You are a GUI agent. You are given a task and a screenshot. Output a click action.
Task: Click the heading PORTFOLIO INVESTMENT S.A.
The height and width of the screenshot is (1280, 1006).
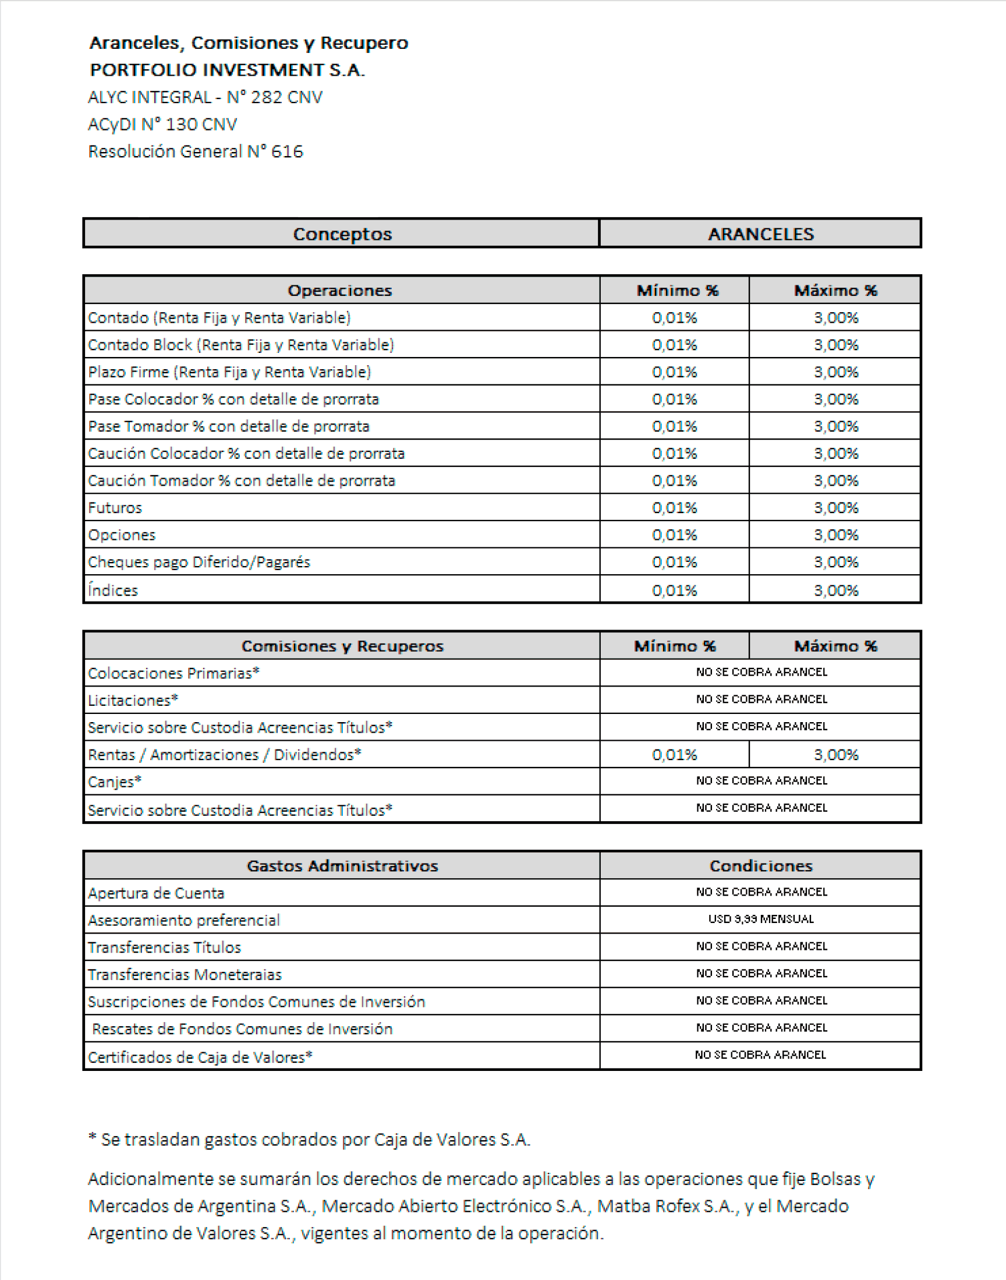(228, 70)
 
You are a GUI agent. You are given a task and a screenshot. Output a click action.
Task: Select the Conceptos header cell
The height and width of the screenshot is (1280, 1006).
(342, 234)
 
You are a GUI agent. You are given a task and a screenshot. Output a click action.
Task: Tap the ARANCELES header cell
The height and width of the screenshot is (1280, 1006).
(760, 234)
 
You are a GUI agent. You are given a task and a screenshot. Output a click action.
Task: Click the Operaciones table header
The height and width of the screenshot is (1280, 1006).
(340, 291)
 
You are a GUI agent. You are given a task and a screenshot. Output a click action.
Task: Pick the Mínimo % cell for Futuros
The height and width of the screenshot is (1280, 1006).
(674, 508)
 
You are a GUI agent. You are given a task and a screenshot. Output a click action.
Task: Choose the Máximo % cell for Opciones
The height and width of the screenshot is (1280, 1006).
(836, 535)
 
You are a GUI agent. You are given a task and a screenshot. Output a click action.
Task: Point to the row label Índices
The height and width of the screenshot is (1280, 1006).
(113, 590)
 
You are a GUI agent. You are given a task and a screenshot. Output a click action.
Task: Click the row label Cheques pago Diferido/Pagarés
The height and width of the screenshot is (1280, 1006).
(199, 562)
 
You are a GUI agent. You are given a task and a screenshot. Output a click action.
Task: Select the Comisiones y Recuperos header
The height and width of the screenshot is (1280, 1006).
(342, 646)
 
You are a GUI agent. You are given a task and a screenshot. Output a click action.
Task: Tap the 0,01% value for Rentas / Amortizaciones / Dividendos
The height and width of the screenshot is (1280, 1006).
(674, 755)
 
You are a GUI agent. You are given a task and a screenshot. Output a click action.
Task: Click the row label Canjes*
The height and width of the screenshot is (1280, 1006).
(115, 782)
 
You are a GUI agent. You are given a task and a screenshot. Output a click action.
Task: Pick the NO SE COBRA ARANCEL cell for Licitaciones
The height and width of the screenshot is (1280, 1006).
(761, 699)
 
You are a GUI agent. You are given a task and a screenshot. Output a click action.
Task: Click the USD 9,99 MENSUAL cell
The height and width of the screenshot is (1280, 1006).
(761, 919)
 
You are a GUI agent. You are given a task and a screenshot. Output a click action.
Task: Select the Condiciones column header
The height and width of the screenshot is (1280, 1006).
(761, 866)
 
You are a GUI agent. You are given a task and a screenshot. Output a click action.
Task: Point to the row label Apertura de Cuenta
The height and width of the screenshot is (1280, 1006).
(156, 893)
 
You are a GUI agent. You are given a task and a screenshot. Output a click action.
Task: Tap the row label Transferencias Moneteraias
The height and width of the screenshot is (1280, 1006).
(185, 974)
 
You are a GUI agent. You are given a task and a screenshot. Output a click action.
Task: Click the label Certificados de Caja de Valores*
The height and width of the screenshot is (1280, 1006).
(200, 1057)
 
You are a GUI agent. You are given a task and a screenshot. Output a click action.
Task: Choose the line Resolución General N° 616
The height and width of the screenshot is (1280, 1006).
(196, 151)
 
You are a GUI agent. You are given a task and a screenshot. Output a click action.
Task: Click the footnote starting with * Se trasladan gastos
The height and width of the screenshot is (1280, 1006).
(309, 1139)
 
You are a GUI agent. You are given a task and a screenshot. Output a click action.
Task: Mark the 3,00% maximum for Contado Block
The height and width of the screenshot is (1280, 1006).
(836, 345)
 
